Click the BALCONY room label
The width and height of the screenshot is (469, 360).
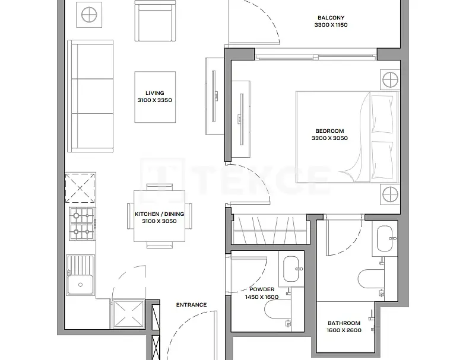pos(331,18)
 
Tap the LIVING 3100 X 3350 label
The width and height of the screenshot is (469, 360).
pos(154,97)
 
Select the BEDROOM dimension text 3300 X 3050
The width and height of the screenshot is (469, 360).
pos(329,138)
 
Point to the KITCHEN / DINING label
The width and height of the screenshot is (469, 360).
pos(160,214)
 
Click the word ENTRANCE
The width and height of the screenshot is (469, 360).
pos(191,305)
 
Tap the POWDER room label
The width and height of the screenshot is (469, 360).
pos(262,289)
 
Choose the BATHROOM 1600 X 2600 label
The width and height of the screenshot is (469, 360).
pos(344,327)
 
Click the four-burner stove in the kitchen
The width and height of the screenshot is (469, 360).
pos(82,224)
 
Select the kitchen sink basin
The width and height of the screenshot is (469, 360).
pos(80,285)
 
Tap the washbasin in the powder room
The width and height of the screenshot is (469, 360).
pos(291,269)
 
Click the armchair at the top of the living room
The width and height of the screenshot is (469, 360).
pos(155,21)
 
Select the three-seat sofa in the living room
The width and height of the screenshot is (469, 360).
pos(90,96)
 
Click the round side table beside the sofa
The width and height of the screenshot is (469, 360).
pos(89,15)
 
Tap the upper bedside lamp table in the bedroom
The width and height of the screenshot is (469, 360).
pos(390,79)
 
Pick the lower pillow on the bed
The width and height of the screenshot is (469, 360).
pos(382,160)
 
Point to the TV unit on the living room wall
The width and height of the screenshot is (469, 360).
pos(214,96)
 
